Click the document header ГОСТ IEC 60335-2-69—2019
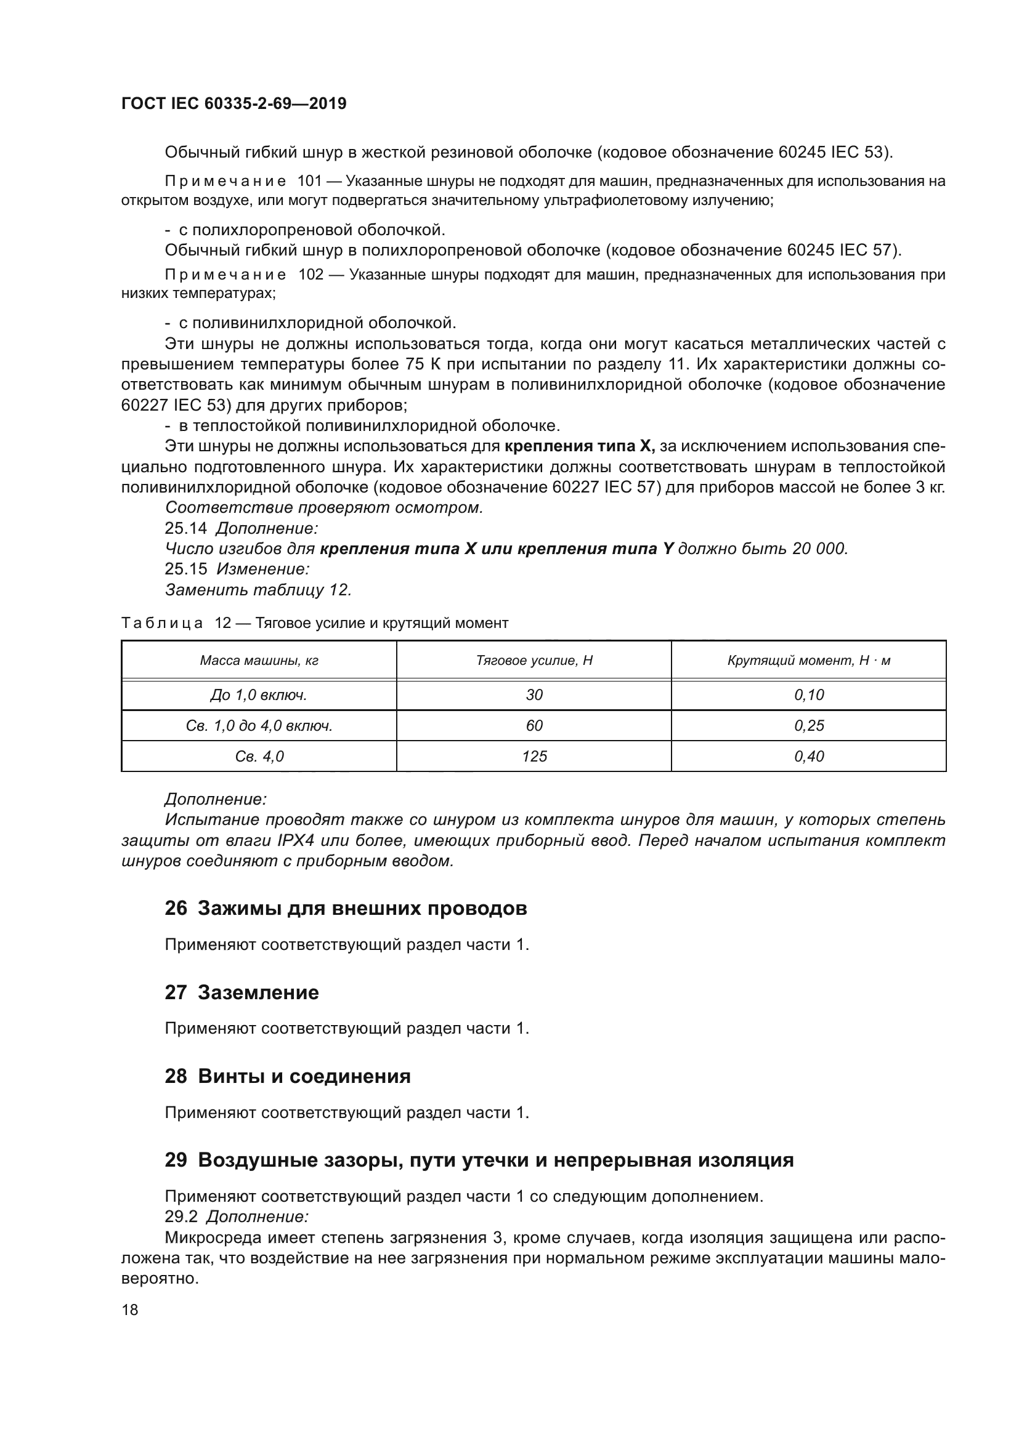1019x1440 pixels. (x=233, y=103)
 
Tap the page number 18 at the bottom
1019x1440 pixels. (x=130, y=1309)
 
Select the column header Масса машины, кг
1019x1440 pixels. (x=259, y=661)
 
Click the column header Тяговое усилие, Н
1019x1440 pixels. (x=534, y=661)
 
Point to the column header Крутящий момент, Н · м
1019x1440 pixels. (x=808, y=661)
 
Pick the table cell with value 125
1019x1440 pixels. (x=534, y=757)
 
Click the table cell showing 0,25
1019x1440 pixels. (x=808, y=726)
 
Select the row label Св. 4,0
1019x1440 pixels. (x=259, y=757)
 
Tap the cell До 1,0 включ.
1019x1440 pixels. (x=259, y=695)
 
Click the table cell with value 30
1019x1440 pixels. (x=534, y=695)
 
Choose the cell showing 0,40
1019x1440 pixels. (x=808, y=757)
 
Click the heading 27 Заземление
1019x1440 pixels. (x=242, y=992)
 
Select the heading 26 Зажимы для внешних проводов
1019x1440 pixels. (x=345, y=908)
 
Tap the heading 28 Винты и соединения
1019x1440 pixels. (x=287, y=1076)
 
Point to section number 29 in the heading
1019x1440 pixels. (x=176, y=1160)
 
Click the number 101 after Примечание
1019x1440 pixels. (x=309, y=182)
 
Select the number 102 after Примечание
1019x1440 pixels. (x=310, y=275)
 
